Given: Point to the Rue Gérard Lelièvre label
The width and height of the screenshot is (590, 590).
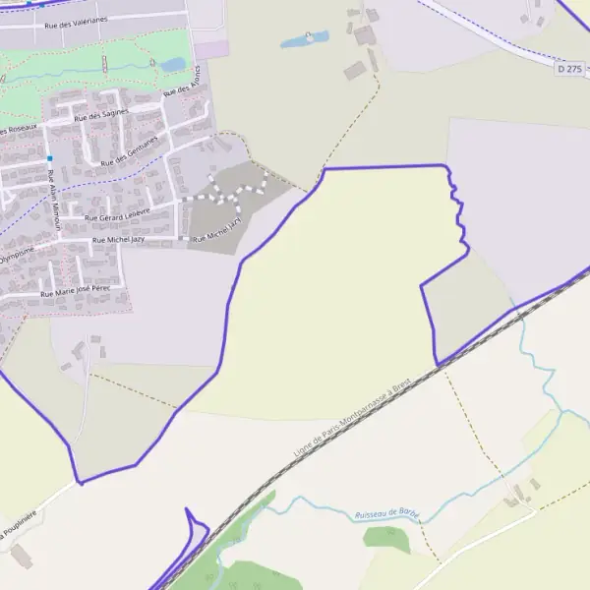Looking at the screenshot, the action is pyautogui.click(x=117, y=213).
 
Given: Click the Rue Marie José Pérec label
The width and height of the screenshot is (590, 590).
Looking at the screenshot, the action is pyautogui.click(x=75, y=291).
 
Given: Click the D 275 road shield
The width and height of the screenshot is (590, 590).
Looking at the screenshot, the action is pyautogui.click(x=568, y=69).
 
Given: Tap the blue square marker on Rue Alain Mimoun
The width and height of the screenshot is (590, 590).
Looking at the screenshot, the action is pyautogui.click(x=49, y=158).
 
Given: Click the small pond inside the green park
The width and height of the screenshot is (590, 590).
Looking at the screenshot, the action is pyautogui.click(x=173, y=65).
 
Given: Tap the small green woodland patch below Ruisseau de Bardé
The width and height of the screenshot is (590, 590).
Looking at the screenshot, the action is pyautogui.click(x=385, y=539).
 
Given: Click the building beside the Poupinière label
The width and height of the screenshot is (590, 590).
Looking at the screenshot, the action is pyautogui.click(x=21, y=556).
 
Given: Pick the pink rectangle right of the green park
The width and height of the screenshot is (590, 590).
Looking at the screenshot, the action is pyautogui.click(x=209, y=47).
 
